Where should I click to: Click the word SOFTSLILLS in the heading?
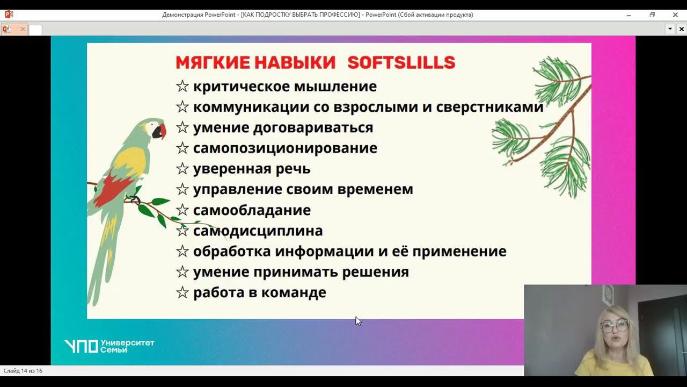point(401,63)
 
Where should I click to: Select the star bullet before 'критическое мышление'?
point(182,87)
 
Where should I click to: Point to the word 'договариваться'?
point(313,128)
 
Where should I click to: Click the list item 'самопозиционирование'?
point(285,148)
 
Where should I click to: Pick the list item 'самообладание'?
point(252,210)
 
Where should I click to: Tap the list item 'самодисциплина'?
point(258,231)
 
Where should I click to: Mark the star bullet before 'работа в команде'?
point(182,293)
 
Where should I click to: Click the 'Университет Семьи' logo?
point(109,346)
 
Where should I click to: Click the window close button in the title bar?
point(675,15)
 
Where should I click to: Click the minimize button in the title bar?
point(629,15)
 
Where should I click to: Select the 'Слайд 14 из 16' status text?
point(23,371)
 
